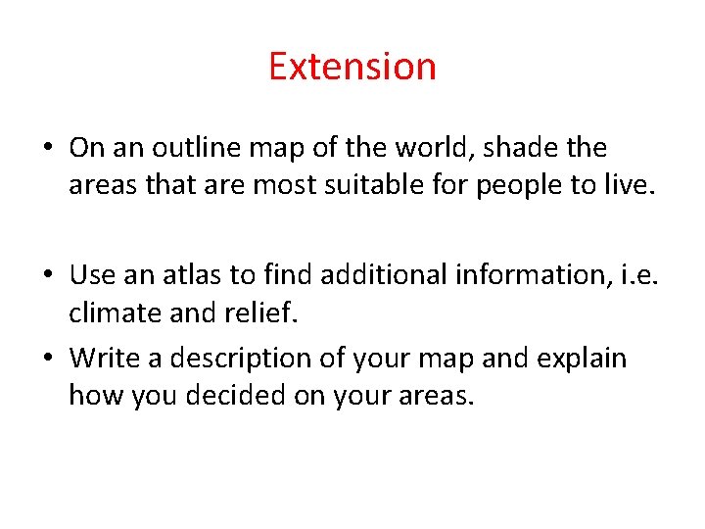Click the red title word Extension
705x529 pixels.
352,67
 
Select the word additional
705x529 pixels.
374,274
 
